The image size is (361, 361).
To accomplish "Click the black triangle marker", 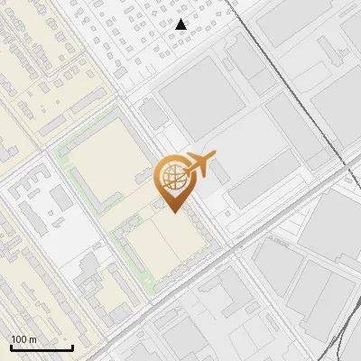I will pos(181,24).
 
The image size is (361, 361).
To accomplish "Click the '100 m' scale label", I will pos(23,339).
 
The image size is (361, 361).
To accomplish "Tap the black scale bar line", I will pos(42,347).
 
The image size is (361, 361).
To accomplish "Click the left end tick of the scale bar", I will pos(11,346).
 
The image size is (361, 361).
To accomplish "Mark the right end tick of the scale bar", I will pos(72,346).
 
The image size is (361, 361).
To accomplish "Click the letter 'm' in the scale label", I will pos(32,339).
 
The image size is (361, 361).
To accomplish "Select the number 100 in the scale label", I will pos(19,339).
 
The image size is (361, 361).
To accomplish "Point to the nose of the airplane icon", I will pos(215,157).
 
